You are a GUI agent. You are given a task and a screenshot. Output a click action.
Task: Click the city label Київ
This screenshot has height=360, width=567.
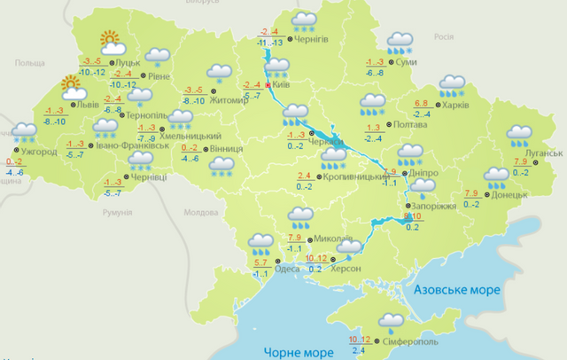[283, 85]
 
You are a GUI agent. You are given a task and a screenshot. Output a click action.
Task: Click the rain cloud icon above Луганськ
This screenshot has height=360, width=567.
[519, 136]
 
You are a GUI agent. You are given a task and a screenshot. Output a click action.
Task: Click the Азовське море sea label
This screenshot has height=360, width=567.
[457, 291]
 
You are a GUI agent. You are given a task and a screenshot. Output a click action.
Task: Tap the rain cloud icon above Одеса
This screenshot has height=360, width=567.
[260, 241]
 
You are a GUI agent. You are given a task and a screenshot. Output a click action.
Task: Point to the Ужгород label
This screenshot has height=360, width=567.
[39, 152]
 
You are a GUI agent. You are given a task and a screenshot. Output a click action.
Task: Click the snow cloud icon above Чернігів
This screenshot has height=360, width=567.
[306, 20]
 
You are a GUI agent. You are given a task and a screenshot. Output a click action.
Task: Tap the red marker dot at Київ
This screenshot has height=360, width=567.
[268, 86]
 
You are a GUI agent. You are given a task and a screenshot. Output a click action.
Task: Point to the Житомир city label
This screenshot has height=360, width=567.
[229, 99]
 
